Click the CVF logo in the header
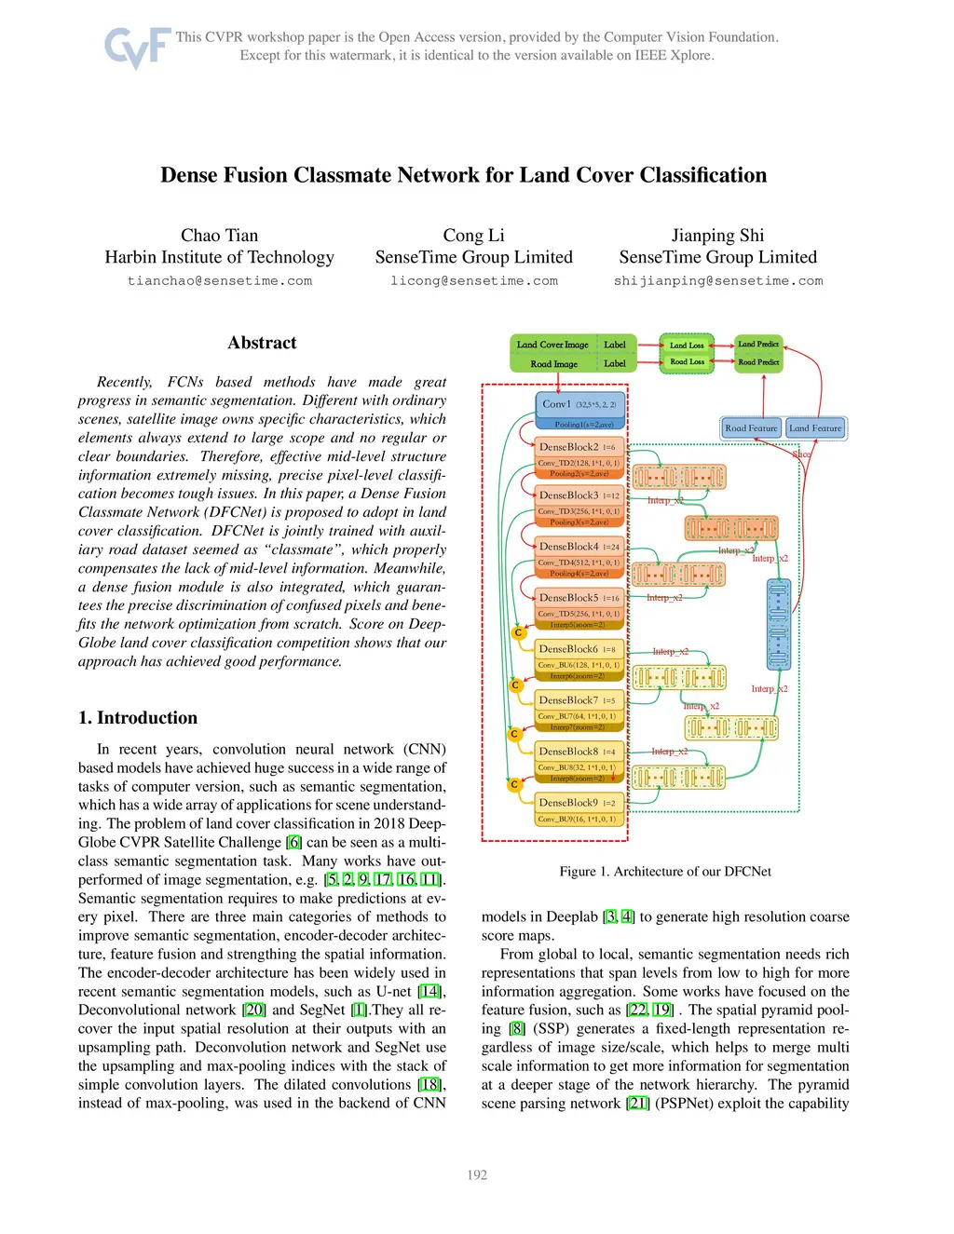click(x=137, y=47)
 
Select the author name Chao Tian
click(x=219, y=236)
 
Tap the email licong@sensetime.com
click(x=473, y=281)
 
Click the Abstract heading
click(x=262, y=343)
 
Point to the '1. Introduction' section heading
click(x=138, y=718)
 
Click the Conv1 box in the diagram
click(x=579, y=405)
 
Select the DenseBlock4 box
click(x=579, y=547)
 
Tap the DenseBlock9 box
click(x=579, y=803)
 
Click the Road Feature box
click(x=751, y=428)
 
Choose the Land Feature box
click(x=815, y=428)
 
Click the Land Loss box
click(x=687, y=346)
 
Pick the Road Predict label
click(x=758, y=362)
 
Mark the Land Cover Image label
click(x=552, y=345)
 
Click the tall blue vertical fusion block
click(x=778, y=624)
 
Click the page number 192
click(x=477, y=1175)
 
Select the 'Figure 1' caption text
click(x=665, y=872)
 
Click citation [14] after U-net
click(x=429, y=992)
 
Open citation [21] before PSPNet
click(x=638, y=1104)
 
